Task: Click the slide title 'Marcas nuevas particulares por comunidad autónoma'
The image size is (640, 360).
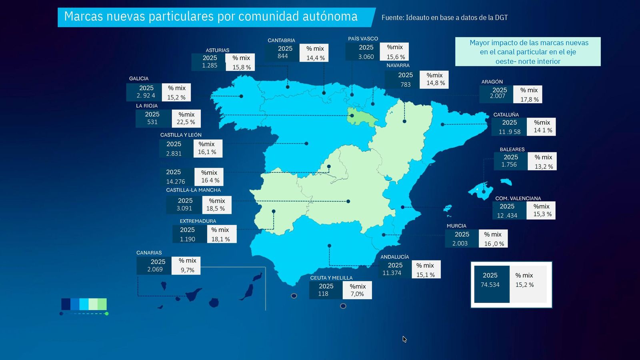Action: click(211, 17)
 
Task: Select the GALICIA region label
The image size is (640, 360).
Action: click(139, 79)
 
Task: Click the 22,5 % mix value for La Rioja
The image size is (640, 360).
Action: click(186, 122)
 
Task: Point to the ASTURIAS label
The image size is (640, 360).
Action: click(218, 50)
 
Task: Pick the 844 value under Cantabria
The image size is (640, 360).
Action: click(283, 56)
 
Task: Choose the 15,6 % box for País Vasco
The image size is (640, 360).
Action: click(396, 57)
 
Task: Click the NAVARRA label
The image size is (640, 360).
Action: click(398, 65)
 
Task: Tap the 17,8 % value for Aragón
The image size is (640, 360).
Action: click(529, 99)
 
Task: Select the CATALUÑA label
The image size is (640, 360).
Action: click(506, 115)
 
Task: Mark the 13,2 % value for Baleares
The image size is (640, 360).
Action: click(544, 166)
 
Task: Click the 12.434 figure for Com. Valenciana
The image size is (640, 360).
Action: click(507, 215)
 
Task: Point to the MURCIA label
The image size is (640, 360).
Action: click(456, 226)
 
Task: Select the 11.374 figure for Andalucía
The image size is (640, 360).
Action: click(392, 273)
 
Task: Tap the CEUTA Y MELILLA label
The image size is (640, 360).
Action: click(331, 278)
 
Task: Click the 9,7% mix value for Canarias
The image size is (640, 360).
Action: click(187, 270)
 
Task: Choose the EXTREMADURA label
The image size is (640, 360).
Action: click(198, 221)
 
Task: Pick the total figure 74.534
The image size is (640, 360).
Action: click(490, 285)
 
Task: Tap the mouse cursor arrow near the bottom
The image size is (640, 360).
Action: click(404, 339)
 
